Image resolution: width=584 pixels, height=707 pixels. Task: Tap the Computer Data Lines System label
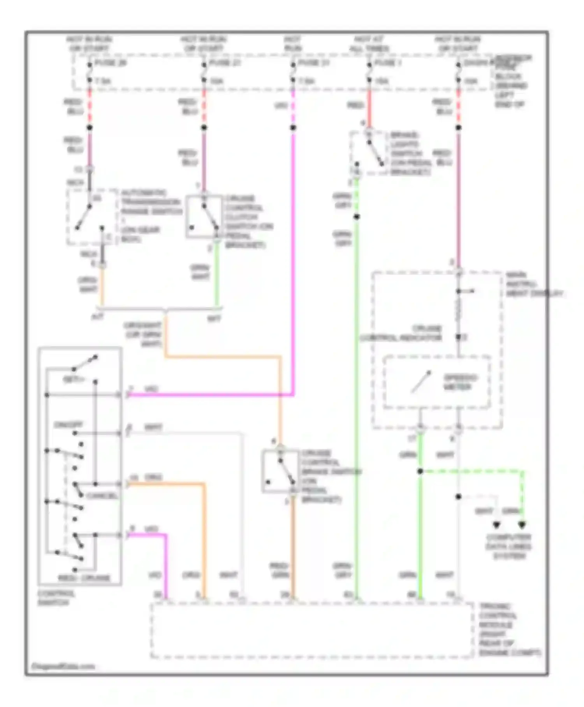click(508, 546)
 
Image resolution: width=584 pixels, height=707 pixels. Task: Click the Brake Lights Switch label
click(410, 154)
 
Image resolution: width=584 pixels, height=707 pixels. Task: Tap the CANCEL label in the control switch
click(102, 496)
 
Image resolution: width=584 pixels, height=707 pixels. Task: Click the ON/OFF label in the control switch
click(68, 424)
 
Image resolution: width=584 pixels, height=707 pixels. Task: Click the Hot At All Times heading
click(369, 44)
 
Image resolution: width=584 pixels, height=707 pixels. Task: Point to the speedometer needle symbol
click(421, 382)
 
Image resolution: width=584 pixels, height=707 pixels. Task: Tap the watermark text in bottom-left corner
click(63, 666)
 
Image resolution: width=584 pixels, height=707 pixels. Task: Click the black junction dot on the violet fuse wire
click(293, 128)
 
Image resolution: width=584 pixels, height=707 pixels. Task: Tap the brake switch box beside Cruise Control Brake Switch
click(280, 471)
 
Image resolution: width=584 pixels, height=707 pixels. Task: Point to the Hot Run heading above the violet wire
click(293, 44)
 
